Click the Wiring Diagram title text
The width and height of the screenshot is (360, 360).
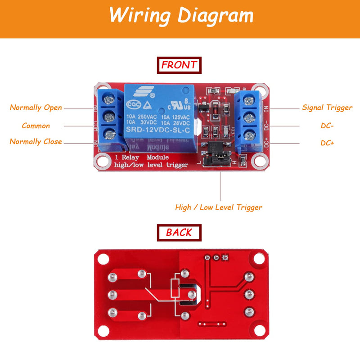click(x=181, y=15)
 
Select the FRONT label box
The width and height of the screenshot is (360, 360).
click(x=179, y=65)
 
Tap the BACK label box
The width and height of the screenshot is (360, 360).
click(x=179, y=232)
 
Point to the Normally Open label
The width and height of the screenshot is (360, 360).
click(x=36, y=108)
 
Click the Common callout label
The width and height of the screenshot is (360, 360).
click(x=36, y=126)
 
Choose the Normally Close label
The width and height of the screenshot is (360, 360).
click(x=36, y=142)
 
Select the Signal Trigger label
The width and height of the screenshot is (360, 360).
click(x=327, y=108)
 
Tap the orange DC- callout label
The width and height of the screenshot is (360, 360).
click(x=327, y=126)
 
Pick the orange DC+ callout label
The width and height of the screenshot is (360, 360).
click(x=327, y=143)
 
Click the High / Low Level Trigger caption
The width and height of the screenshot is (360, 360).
click(x=219, y=207)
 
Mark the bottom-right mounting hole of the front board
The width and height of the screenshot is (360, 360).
click(x=258, y=160)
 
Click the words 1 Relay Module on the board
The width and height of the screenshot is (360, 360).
click(x=142, y=157)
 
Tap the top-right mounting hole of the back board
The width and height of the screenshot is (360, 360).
click(x=258, y=260)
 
